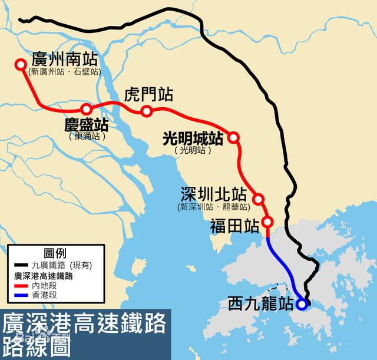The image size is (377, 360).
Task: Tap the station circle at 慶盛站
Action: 87,108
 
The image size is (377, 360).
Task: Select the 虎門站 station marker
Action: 147,111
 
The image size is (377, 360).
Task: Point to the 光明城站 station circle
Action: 234,137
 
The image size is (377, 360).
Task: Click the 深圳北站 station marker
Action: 258,199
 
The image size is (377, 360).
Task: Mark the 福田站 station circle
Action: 267,222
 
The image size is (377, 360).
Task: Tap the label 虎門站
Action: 148,94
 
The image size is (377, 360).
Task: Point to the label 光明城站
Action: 192,138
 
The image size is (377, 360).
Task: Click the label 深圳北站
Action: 213,194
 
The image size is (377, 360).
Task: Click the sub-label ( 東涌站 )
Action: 86,136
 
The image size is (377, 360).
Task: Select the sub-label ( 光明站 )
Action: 192,150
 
